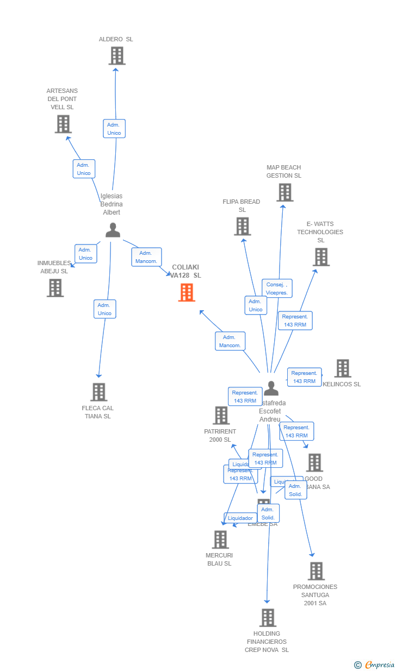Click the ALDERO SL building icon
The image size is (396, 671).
(116, 56)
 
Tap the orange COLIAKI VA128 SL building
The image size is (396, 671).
(187, 293)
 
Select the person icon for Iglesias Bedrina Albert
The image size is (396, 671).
(113, 230)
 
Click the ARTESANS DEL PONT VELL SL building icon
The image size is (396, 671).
(63, 124)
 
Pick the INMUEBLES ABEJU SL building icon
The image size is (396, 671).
(55, 288)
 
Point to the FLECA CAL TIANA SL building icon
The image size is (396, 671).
(98, 392)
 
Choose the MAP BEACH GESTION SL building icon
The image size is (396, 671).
(284, 192)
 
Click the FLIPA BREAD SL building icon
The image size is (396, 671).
(242, 227)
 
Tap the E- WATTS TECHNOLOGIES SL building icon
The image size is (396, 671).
(321, 257)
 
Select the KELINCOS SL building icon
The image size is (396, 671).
(342, 368)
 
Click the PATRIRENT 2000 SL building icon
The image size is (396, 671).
(221, 416)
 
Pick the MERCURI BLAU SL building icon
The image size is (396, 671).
(220, 540)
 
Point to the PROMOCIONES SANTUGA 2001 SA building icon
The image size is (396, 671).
(316, 571)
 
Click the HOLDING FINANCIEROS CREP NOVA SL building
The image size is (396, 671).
(267, 618)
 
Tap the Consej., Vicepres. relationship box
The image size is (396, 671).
(277, 289)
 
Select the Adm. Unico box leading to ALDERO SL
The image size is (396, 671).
(114, 129)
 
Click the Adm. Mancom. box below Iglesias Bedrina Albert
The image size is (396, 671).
(146, 257)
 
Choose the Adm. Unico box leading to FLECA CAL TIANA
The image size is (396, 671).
(104, 309)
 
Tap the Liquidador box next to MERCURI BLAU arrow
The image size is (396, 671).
(240, 518)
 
